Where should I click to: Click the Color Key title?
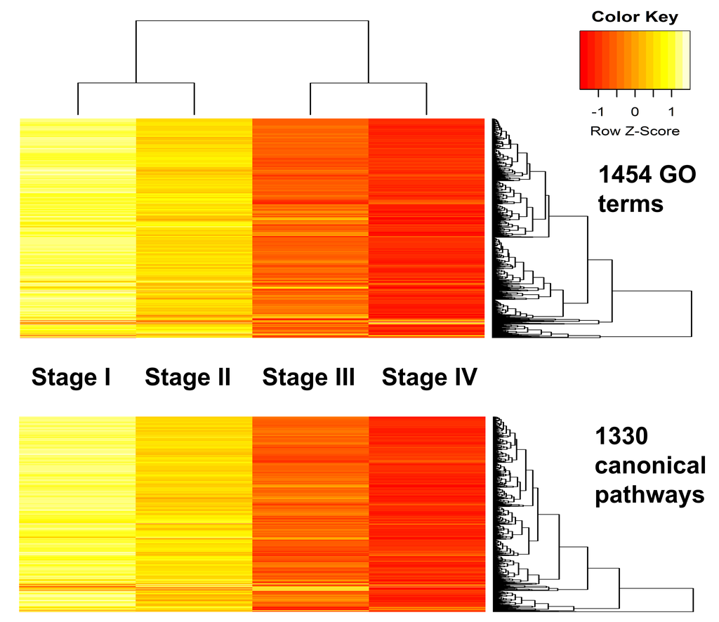[635, 17]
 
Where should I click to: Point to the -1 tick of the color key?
[598, 112]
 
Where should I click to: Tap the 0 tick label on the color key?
[635, 112]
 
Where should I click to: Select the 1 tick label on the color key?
[671, 112]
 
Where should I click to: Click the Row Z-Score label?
[635, 131]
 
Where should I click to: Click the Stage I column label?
[71, 378]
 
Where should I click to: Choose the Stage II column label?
[187, 378]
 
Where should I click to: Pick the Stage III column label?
[308, 378]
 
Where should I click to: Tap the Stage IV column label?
[429, 378]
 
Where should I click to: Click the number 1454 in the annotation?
[625, 174]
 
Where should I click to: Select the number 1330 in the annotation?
[621, 437]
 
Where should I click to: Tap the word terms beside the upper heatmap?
[629, 204]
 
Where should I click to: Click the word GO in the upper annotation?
[678, 174]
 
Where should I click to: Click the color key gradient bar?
[635, 60]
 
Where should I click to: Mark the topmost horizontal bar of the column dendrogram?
[252, 21]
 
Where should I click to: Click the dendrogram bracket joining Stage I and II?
[136, 84]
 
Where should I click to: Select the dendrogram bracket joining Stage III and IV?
[369, 84]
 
